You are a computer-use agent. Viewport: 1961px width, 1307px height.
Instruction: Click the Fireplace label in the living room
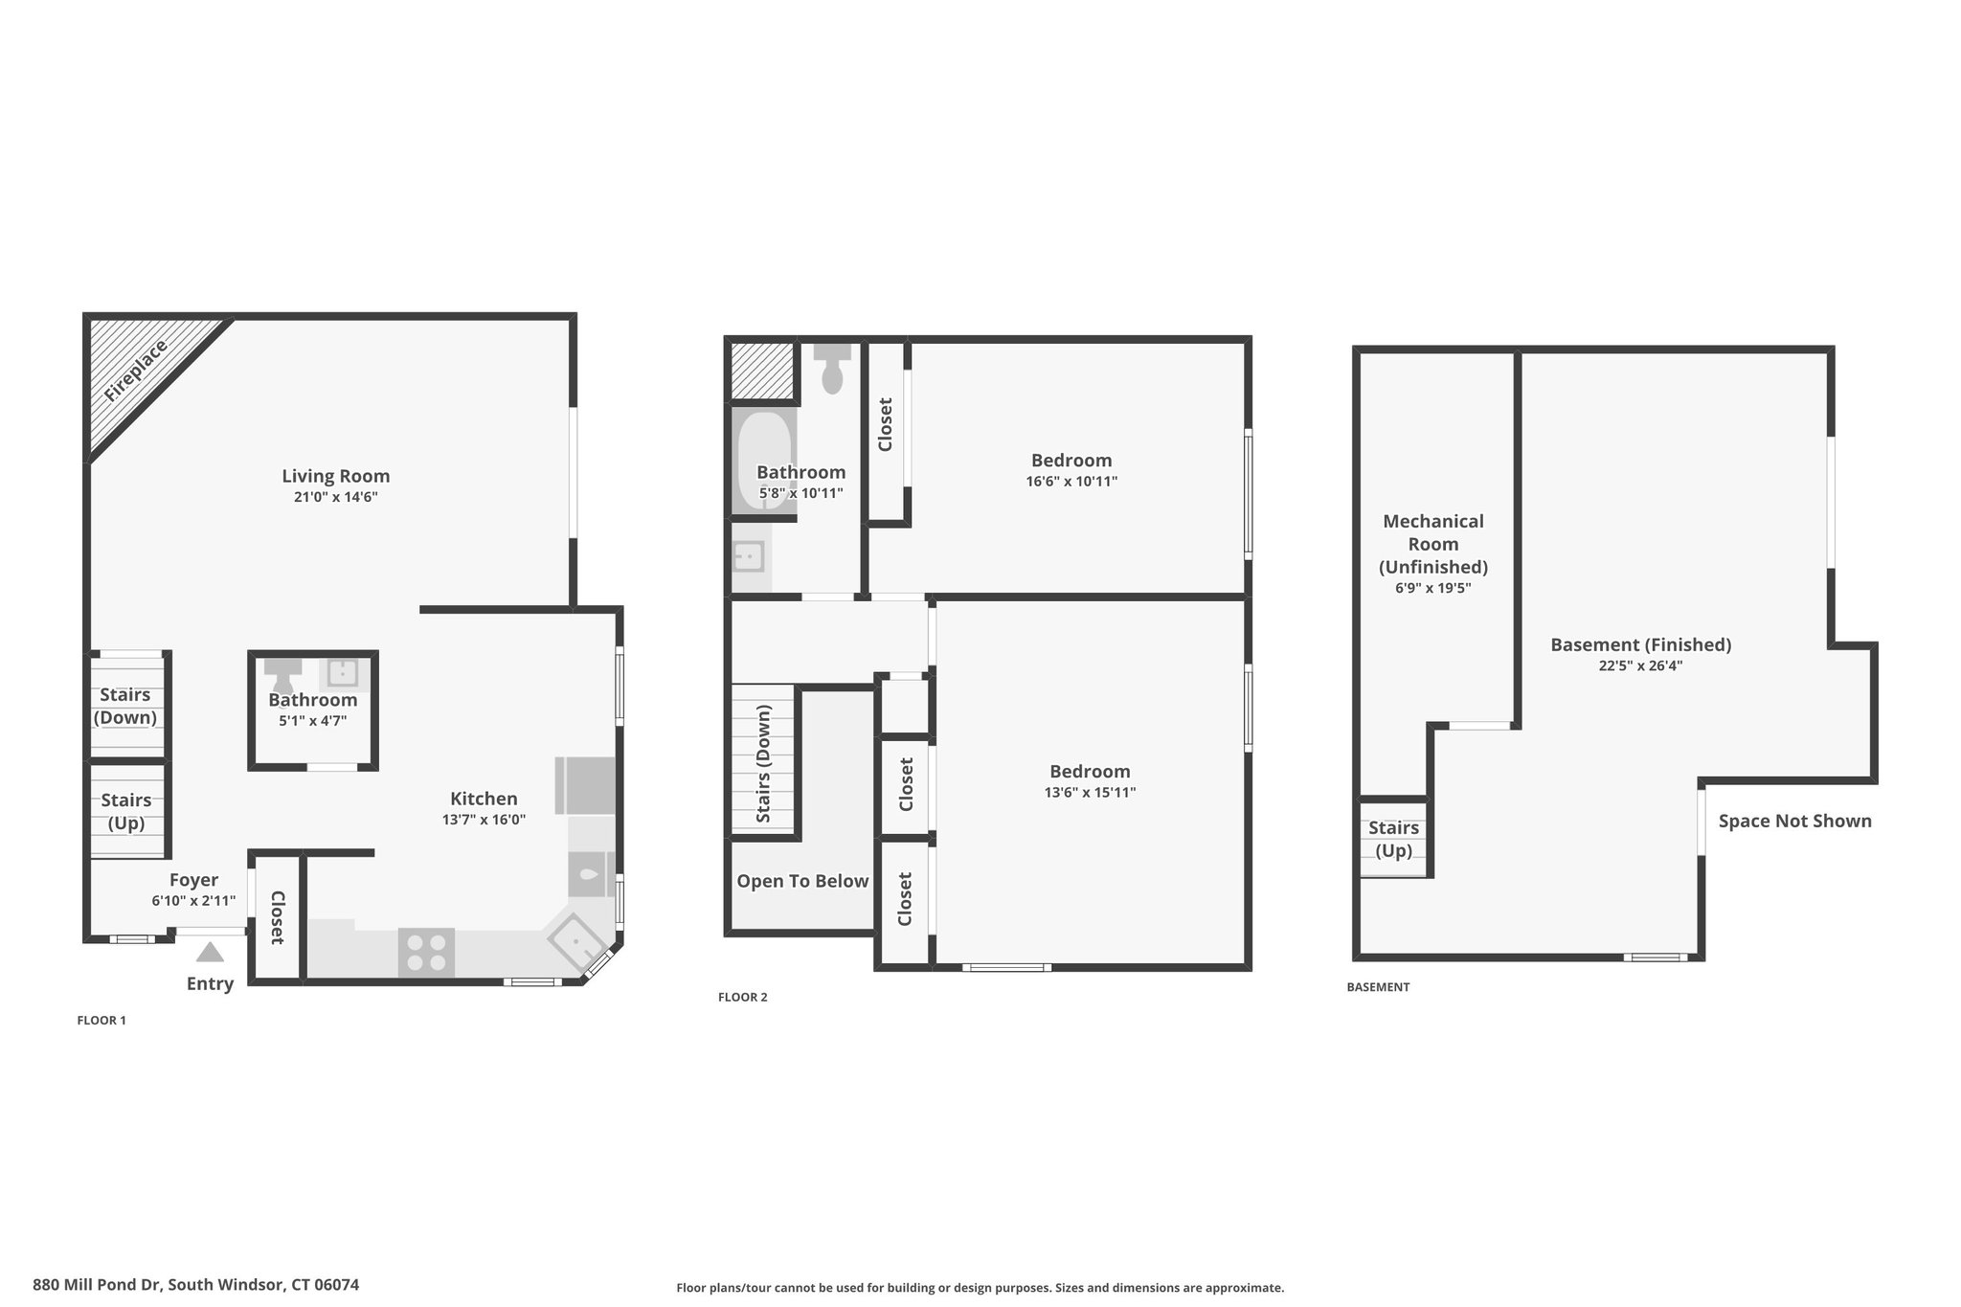[136, 370]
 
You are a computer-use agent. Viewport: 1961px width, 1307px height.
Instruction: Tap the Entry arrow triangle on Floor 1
[210, 952]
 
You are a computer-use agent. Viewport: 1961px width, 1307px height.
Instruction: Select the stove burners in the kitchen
[426, 953]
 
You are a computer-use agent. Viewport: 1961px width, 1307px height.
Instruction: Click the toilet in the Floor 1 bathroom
[283, 674]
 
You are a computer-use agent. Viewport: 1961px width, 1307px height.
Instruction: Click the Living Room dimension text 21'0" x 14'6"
[336, 497]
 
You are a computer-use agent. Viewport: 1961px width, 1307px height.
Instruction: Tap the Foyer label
[193, 880]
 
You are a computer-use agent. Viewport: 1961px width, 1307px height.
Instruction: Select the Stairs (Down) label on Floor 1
[125, 706]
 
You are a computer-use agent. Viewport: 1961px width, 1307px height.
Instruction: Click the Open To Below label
[802, 881]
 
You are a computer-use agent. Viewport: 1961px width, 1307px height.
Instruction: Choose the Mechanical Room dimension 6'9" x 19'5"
[1433, 589]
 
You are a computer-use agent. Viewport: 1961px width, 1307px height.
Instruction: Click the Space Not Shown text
[1795, 821]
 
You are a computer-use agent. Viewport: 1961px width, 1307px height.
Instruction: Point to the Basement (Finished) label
[1641, 644]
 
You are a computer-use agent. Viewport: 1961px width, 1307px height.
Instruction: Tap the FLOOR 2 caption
[743, 997]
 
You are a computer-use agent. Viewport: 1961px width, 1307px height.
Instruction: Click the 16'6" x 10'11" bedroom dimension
[1071, 482]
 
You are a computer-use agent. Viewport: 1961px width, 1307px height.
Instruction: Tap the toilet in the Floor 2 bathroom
[832, 368]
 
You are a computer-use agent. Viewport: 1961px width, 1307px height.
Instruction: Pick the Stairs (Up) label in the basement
[1393, 839]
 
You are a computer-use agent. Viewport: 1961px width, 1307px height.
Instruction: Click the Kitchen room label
[485, 799]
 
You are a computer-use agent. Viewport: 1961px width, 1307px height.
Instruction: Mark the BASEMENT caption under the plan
[1378, 987]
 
